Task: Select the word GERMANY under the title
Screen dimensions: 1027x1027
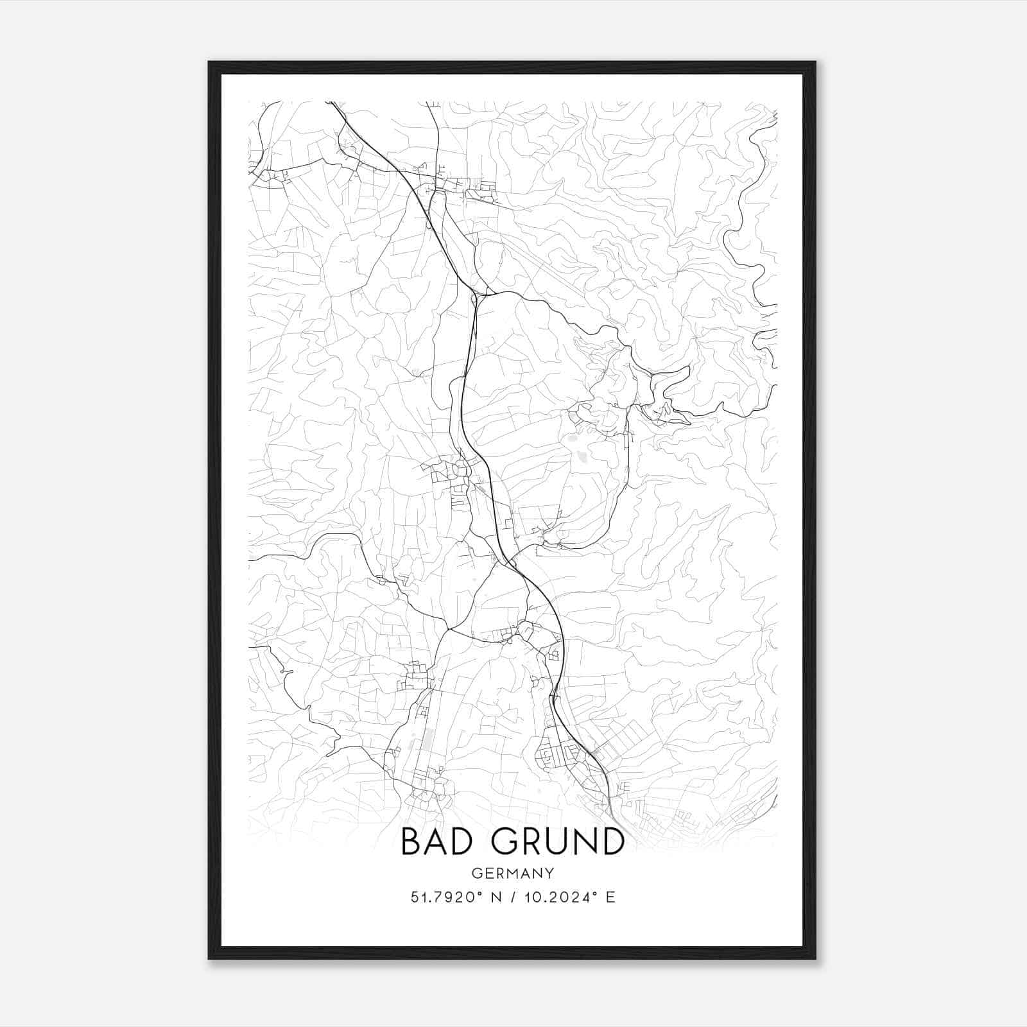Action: tap(513, 874)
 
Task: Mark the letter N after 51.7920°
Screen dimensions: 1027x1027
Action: tap(495, 897)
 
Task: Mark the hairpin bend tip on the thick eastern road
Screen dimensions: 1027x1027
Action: tap(689, 367)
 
